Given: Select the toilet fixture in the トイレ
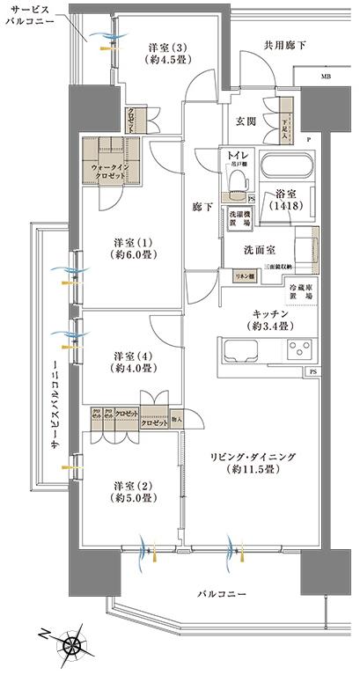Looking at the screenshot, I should pos(235,181).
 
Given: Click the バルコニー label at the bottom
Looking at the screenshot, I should pos(221,596).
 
